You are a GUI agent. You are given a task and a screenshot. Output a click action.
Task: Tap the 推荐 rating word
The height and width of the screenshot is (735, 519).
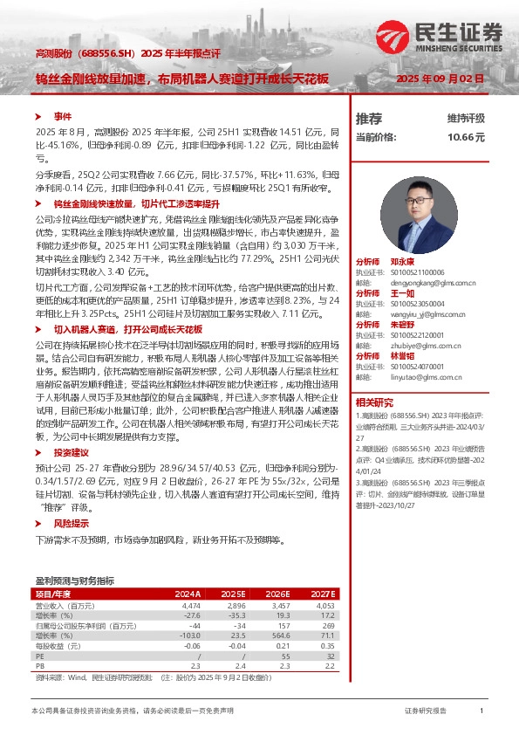click(369, 118)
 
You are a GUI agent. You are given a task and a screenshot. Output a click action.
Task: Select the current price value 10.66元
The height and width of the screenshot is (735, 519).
click(466, 137)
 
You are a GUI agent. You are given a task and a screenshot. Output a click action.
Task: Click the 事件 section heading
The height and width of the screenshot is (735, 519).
click(62, 115)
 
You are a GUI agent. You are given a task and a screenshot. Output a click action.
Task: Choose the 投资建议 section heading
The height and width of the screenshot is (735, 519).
click(72, 453)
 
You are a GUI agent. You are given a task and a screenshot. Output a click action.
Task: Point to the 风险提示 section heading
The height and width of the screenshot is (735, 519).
click(72, 523)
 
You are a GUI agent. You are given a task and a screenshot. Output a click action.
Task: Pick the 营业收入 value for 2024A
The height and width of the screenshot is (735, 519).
click(191, 605)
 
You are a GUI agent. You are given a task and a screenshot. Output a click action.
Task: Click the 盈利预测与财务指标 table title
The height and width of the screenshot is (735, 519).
click(74, 580)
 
